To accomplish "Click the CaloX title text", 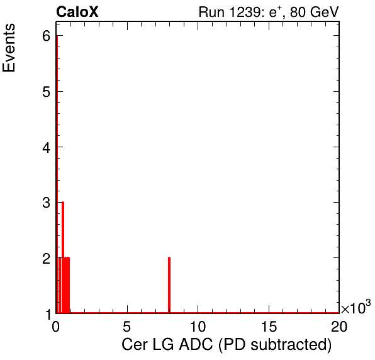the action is [x=77, y=12].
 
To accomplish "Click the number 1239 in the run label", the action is [x=244, y=12].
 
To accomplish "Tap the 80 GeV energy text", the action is [x=314, y=12].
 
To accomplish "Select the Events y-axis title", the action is [x=9, y=48].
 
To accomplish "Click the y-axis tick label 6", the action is [x=47, y=36].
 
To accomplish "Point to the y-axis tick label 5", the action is [x=47, y=91].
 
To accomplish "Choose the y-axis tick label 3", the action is [x=47, y=203].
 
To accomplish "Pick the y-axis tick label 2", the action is [x=47, y=258].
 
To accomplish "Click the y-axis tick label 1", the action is [x=48, y=314].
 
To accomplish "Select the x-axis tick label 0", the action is [x=55, y=326].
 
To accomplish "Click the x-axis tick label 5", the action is [x=126, y=326].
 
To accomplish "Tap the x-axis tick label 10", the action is [x=198, y=326].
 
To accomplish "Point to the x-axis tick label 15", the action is [x=269, y=326].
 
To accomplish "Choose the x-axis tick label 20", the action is [x=339, y=326].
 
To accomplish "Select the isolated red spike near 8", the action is [x=169, y=285].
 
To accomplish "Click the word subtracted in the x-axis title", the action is [x=289, y=345].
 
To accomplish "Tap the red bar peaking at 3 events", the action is [x=63, y=257].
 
